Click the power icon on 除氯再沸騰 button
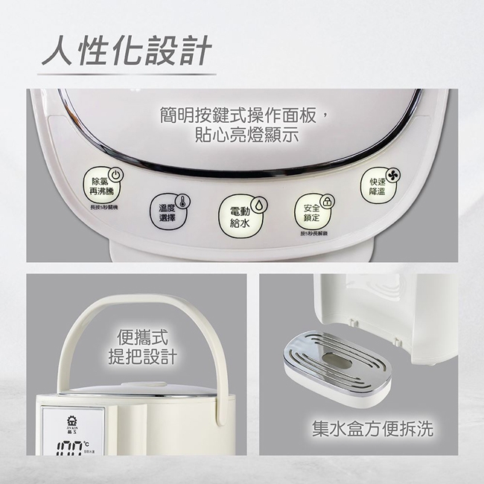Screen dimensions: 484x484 pos(115,175)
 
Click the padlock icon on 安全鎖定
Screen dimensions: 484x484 pos(327,201)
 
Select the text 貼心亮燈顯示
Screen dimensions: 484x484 pos(235,136)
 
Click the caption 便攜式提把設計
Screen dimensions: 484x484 pos(146,346)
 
